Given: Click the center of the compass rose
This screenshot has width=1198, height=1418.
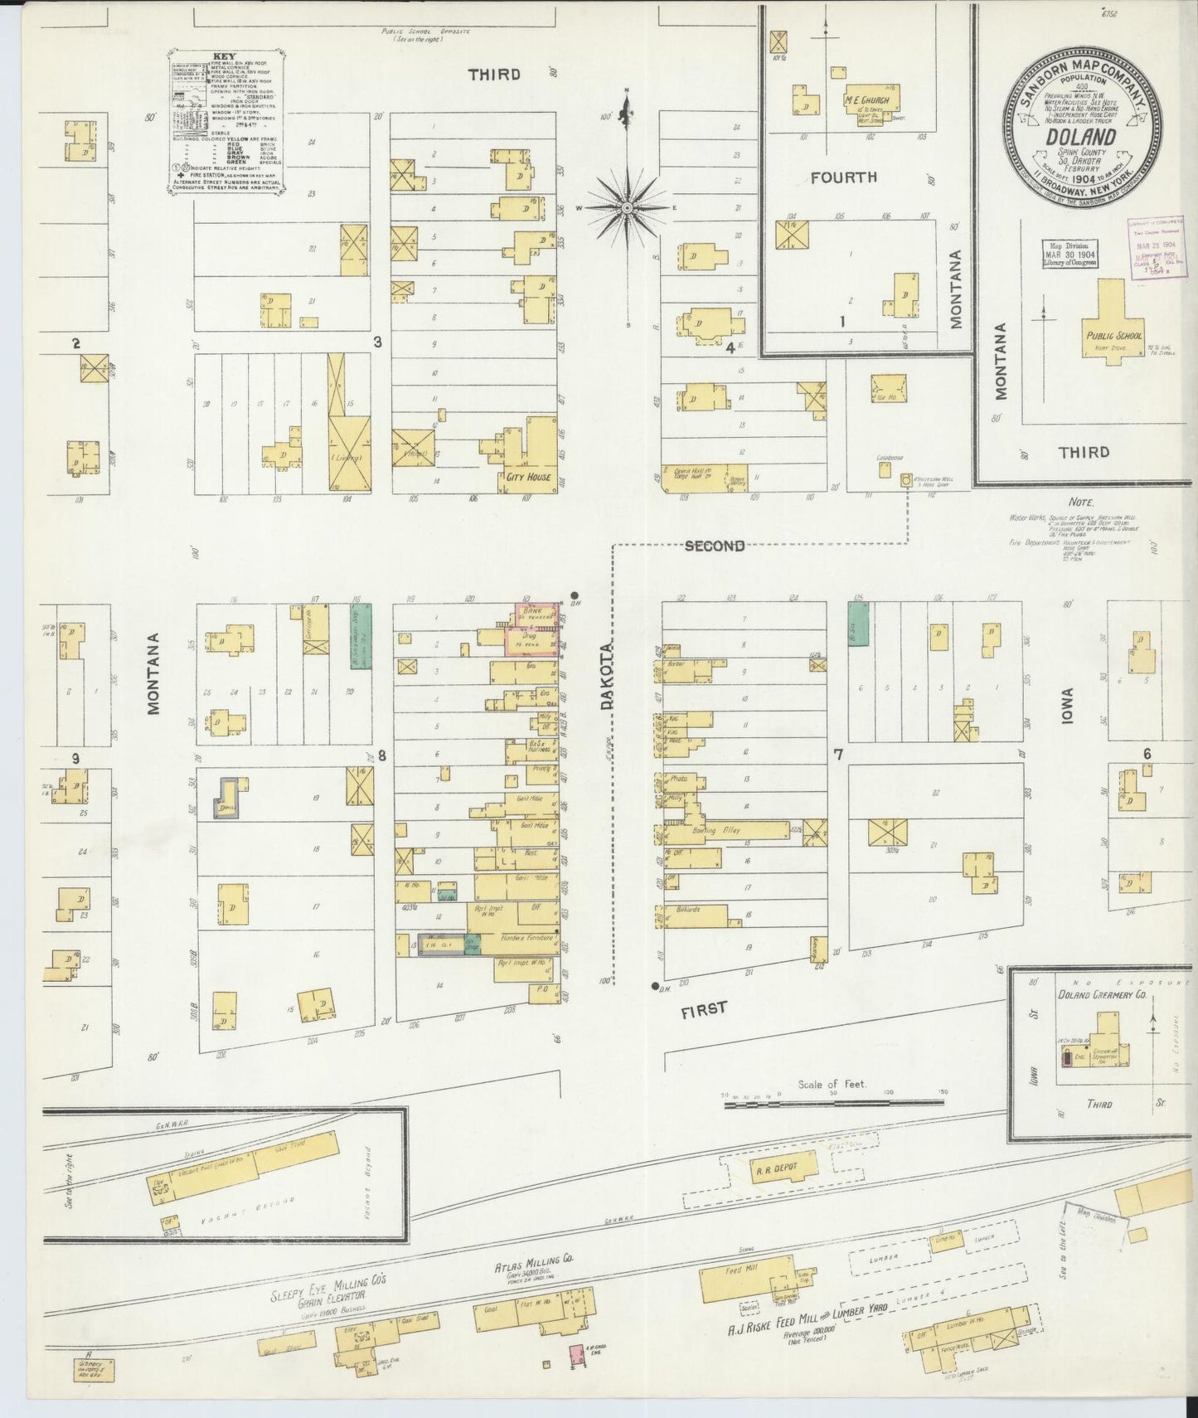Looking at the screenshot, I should (628, 207).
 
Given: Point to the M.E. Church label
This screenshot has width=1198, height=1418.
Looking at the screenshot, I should (866, 100).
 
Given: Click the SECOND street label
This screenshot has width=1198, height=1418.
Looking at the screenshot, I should (714, 546).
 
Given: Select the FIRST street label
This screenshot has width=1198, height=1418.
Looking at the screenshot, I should (705, 1008).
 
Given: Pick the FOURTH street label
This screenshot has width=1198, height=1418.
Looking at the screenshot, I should (843, 177).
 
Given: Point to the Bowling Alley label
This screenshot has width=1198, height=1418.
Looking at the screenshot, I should (715, 829).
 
